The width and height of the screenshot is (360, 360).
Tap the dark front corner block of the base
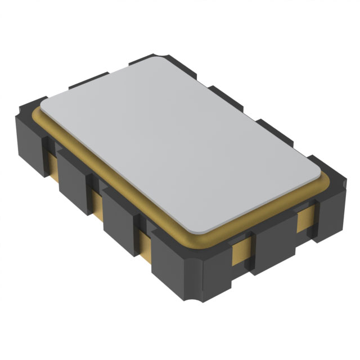tap(180, 270)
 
